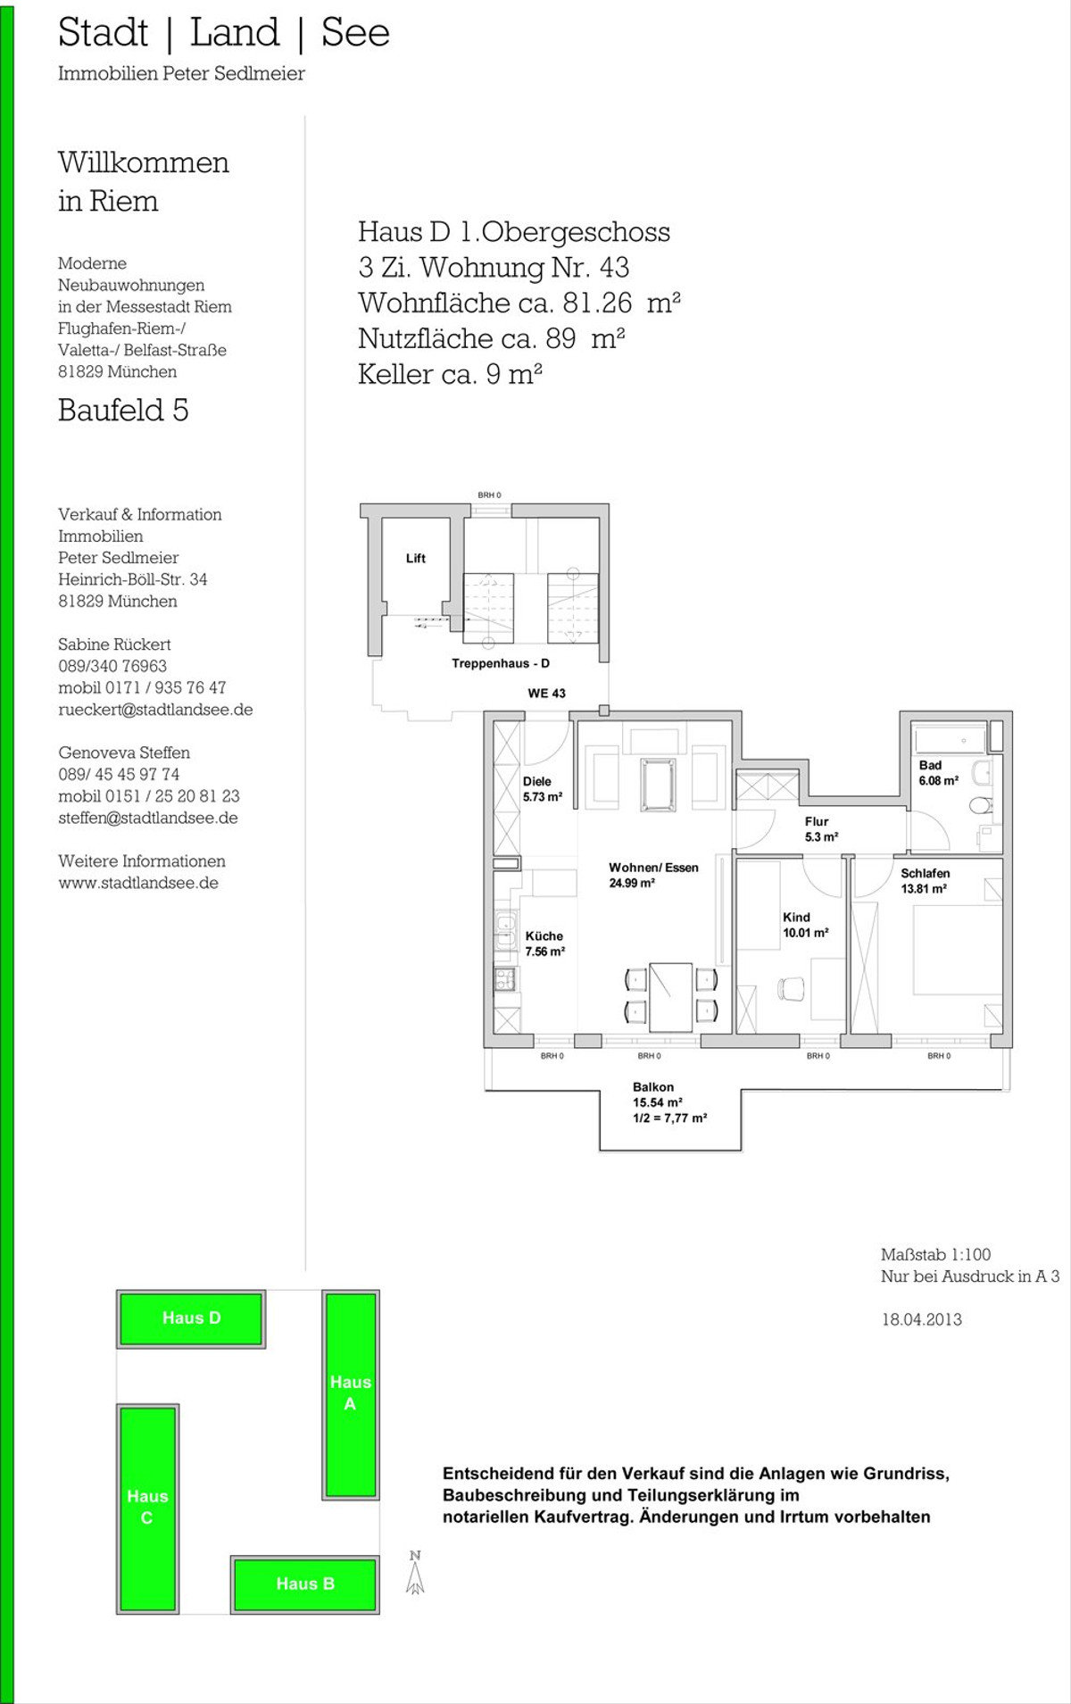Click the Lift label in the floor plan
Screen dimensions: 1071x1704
(416, 559)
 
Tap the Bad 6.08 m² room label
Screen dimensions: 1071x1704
(939, 773)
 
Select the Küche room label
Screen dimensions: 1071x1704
(544, 943)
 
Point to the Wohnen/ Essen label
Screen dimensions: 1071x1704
(654, 875)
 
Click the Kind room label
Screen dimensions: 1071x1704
(805, 925)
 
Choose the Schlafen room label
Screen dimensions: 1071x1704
(925, 881)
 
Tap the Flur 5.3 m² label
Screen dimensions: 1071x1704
(821, 829)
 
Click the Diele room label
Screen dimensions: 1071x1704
(542, 789)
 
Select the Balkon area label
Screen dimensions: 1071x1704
(669, 1102)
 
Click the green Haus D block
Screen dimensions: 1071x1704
(191, 1318)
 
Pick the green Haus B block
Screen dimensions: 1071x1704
(305, 1583)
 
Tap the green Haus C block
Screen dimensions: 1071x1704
(147, 1507)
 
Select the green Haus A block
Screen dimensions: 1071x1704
(351, 1393)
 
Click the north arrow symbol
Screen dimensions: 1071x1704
(415, 1574)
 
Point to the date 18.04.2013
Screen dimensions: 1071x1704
(922, 1319)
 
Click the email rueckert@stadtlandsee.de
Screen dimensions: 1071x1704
(155, 710)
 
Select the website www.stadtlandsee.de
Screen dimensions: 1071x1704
(138, 883)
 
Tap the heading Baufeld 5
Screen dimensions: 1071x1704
(123, 410)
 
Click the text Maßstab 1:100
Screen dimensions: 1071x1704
(935, 1254)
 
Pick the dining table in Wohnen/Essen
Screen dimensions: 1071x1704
(671, 997)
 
